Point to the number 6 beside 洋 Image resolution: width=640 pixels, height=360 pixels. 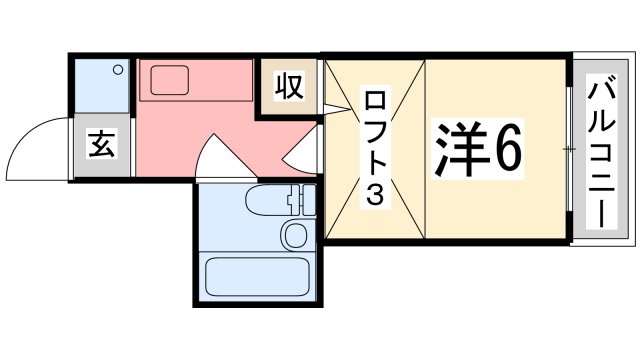[x=505, y=151]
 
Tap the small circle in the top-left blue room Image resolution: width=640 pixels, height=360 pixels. [x=118, y=70]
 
